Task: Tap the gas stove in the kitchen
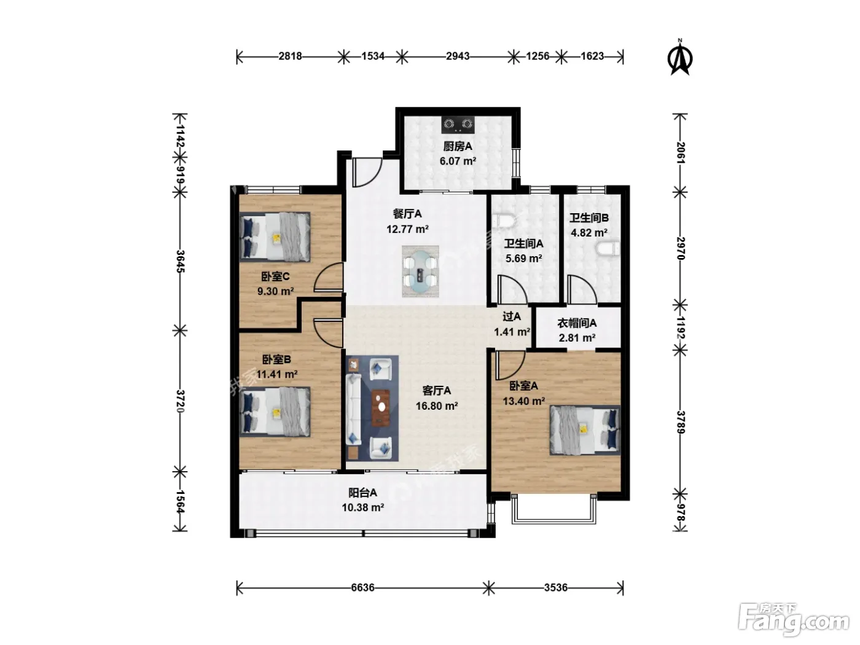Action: point(458,125)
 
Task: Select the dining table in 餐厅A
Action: point(420,272)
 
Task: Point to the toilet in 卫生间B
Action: point(609,248)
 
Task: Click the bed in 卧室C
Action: point(275,237)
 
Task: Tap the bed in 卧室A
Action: point(585,430)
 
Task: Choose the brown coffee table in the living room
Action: point(380,408)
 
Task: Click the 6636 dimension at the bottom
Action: point(362,587)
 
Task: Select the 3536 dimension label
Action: point(555,587)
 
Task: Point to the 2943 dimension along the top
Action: point(458,56)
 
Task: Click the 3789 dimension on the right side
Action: point(681,422)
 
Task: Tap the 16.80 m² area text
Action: point(437,405)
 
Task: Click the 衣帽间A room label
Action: point(577,323)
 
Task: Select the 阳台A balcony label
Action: point(362,492)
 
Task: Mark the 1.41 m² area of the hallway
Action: point(512,332)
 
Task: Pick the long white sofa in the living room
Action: point(353,409)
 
